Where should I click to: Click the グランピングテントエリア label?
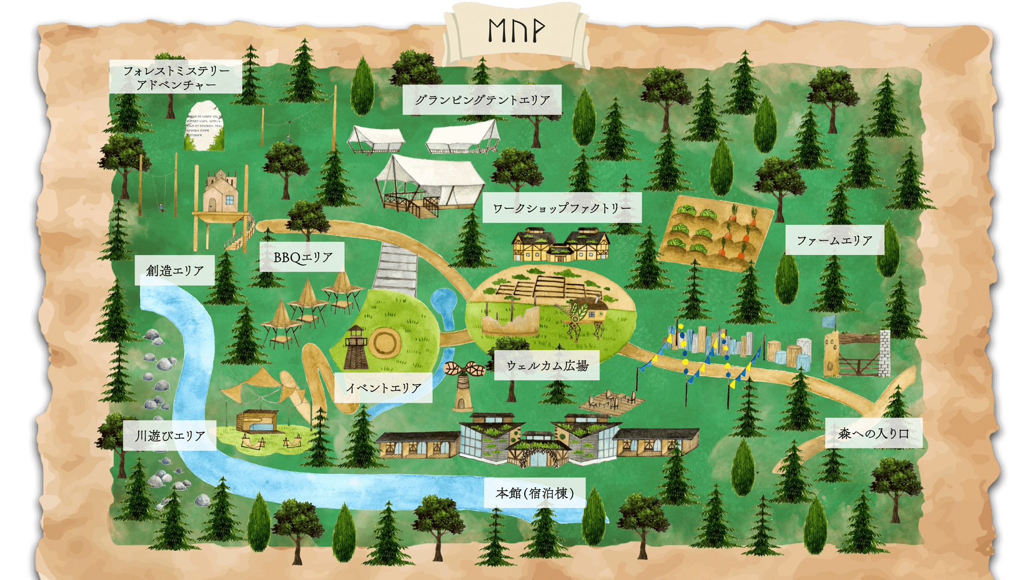pos(482,100)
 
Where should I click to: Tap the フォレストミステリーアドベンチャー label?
pos(175,77)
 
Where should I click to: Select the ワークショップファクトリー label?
pos(562,208)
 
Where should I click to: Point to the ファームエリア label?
pos(834,240)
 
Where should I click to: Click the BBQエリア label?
pos(302,257)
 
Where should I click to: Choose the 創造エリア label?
pos(174,270)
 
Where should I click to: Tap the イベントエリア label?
pos(383,388)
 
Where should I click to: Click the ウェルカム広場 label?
pos(547,365)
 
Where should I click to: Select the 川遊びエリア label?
pos(170,436)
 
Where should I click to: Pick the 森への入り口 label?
pos(874,433)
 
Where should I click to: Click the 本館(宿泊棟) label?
pos(535,493)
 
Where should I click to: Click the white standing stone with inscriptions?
pos(204,126)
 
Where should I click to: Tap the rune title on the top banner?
pos(516,31)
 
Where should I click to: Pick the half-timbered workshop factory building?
pos(561,245)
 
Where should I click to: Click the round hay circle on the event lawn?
pos(384,342)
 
